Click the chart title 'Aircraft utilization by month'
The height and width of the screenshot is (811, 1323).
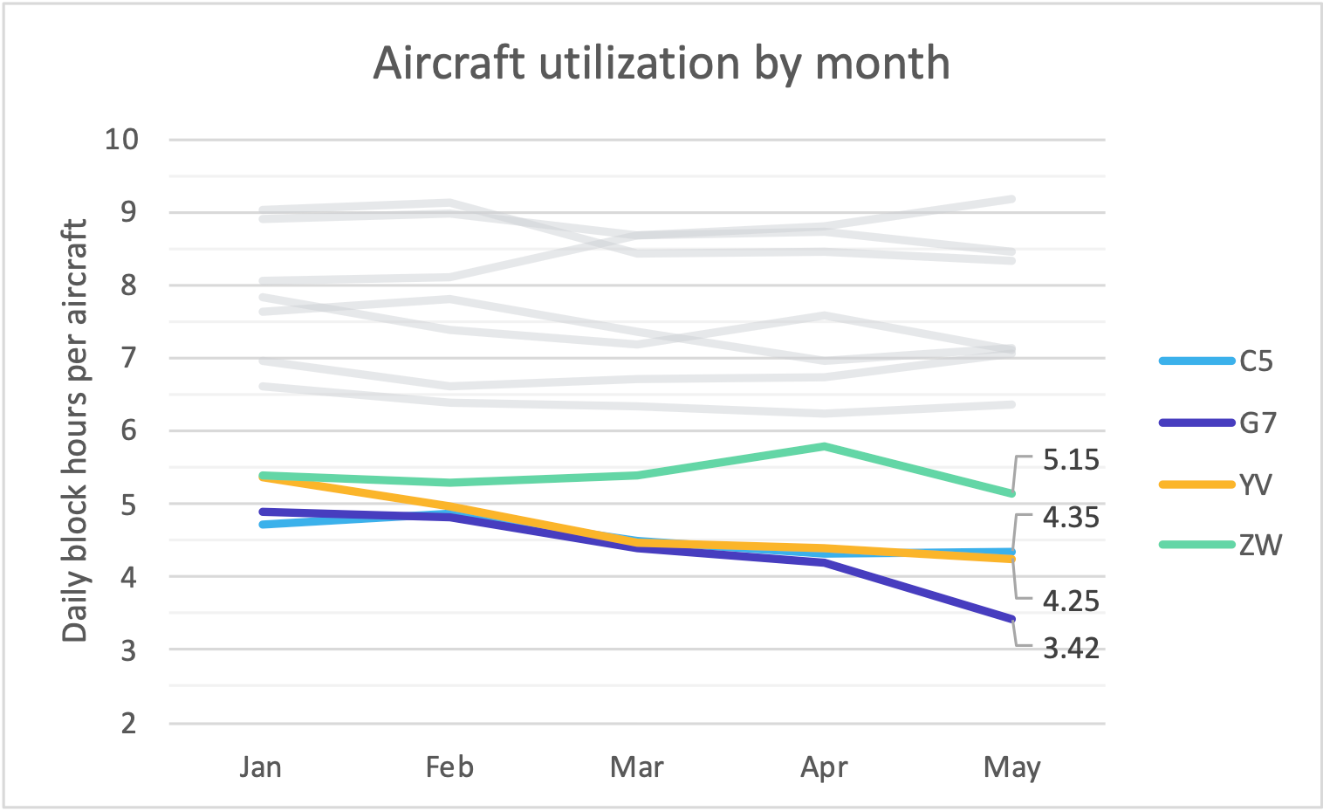point(661,64)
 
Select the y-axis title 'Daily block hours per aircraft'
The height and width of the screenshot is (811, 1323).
point(76,430)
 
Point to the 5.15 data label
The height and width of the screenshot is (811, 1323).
point(1071,460)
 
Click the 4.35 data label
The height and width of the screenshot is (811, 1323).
point(1071,518)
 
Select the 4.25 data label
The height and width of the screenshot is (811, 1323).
point(1071,601)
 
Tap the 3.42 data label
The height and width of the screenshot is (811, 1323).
point(1071,649)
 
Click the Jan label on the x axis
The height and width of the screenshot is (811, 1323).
point(261,767)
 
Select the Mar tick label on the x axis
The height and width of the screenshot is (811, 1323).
point(636,767)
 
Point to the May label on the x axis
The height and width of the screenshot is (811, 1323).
point(1011,767)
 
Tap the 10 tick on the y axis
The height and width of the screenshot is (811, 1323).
point(122,139)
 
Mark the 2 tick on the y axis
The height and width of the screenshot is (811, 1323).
point(129,723)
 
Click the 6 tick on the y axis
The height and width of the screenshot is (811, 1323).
point(129,431)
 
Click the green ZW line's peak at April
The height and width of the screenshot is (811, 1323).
point(825,446)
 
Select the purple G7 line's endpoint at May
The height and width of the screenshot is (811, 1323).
point(1011,619)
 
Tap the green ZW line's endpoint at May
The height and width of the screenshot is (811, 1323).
point(1011,493)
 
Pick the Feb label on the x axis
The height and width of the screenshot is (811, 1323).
point(449,767)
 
